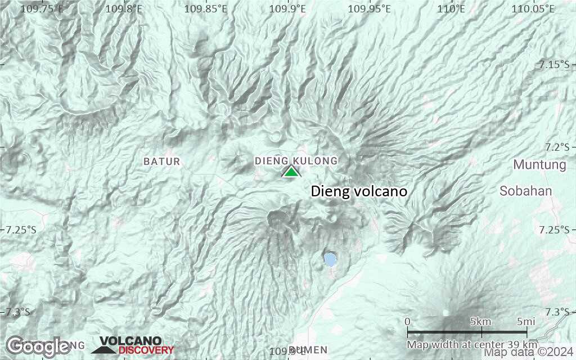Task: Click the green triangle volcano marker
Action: click(x=291, y=172)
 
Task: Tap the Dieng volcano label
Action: click(x=359, y=192)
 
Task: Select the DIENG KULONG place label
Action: click(x=296, y=161)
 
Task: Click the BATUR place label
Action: click(x=162, y=161)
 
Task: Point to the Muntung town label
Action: click(x=539, y=165)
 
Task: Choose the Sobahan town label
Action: click(x=526, y=191)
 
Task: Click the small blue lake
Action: click(x=330, y=259)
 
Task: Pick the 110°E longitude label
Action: click(x=452, y=8)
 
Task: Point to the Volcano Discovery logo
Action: click(x=133, y=345)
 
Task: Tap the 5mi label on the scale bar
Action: click(x=525, y=322)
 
